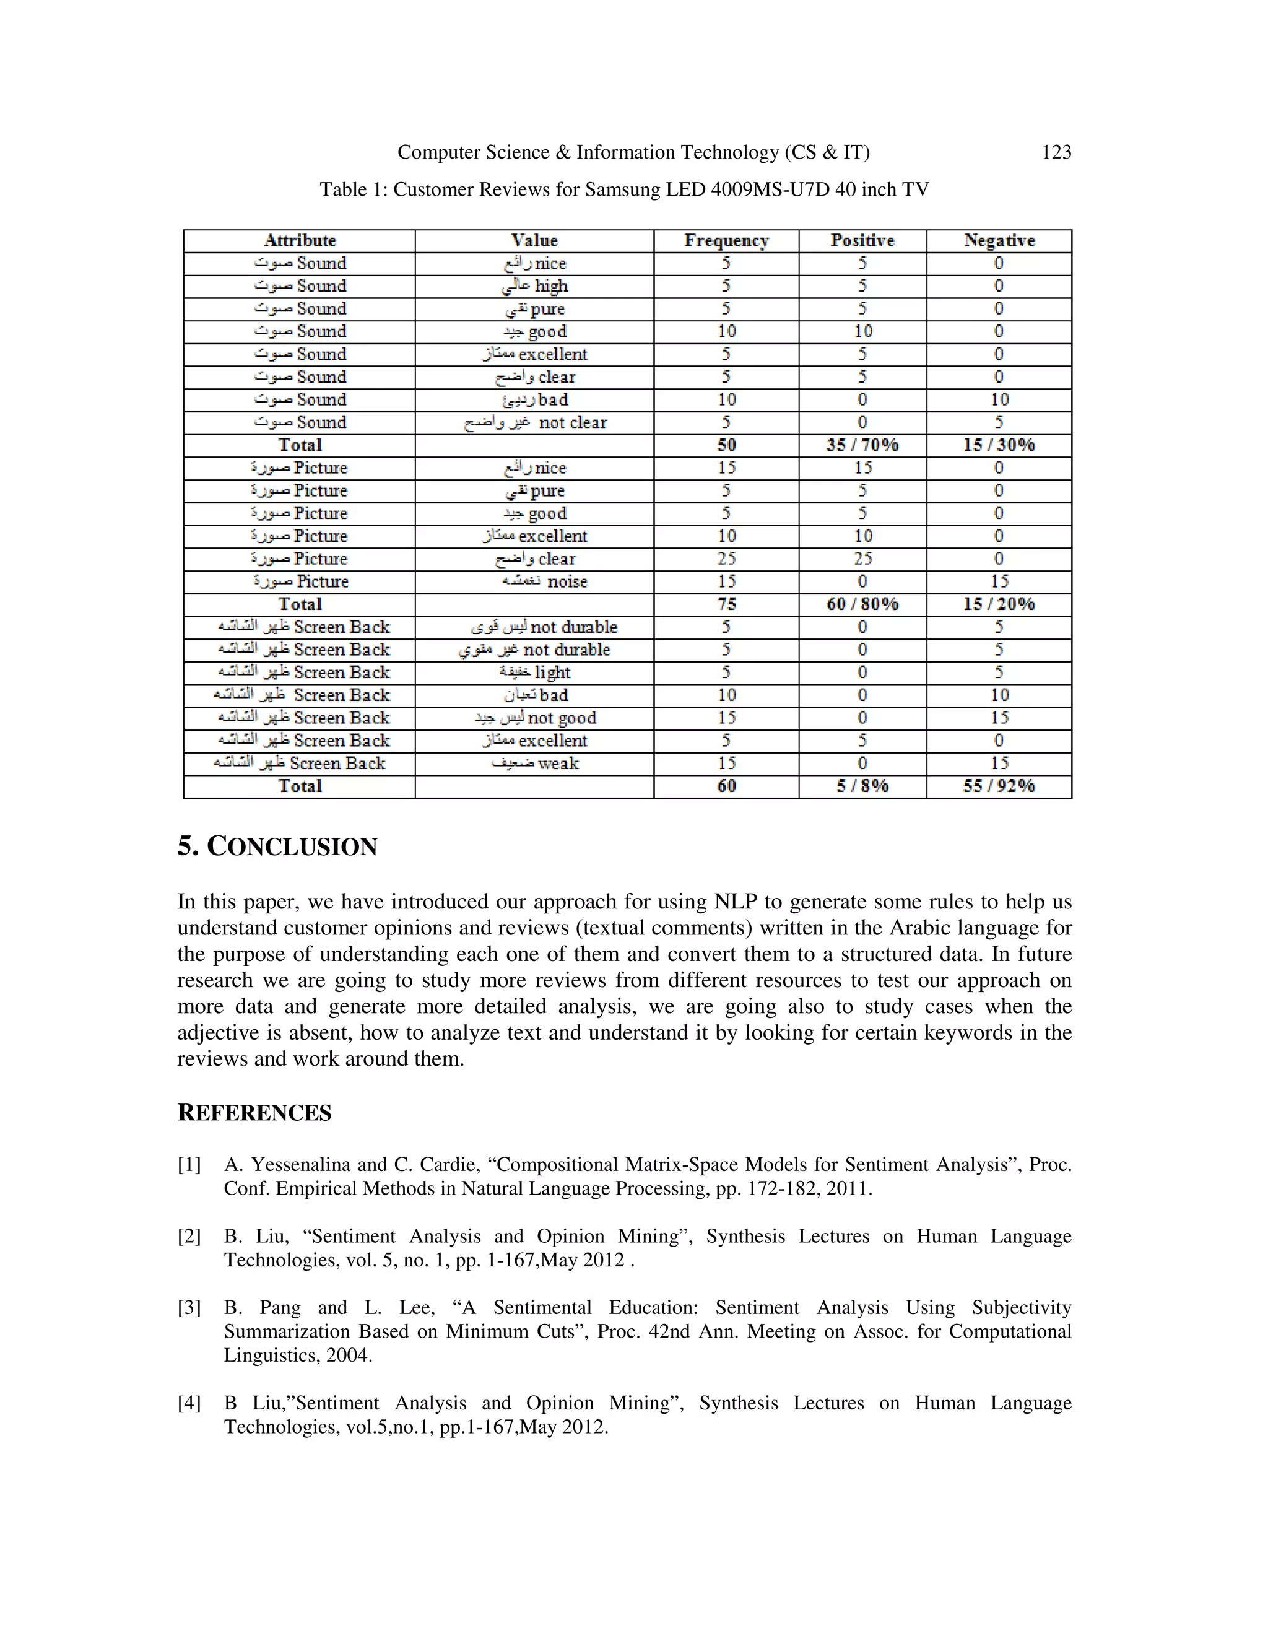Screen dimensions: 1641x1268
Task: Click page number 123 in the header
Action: (x=1056, y=152)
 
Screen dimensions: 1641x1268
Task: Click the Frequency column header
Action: (x=726, y=240)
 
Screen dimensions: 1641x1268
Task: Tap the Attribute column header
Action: (x=299, y=240)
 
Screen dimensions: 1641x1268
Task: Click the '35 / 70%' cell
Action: (x=862, y=445)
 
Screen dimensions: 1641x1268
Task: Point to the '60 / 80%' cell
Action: (x=862, y=604)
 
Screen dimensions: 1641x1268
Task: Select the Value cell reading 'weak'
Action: (x=535, y=764)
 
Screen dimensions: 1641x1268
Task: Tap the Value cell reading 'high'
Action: (x=535, y=286)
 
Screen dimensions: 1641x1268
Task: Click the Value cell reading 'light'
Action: (x=535, y=673)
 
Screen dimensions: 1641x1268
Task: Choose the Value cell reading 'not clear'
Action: (x=535, y=422)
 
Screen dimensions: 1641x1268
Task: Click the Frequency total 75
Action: (x=726, y=604)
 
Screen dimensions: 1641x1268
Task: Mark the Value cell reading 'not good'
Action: (x=535, y=718)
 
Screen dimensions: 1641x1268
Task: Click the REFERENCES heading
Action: (x=254, y=1113)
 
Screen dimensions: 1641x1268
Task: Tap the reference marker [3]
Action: (x=189, y=1308)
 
